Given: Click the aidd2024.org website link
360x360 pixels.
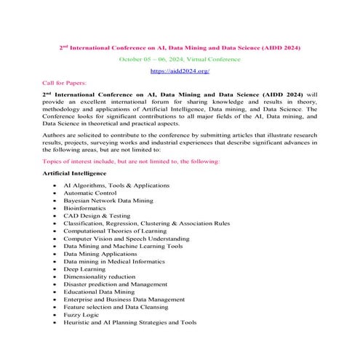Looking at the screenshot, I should tap(179, 71).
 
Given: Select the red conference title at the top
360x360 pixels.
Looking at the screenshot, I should tap(179, 48).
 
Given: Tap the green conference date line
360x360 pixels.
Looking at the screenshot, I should tap(179, 60).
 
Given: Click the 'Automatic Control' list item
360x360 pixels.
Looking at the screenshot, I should tap(91, 194).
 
